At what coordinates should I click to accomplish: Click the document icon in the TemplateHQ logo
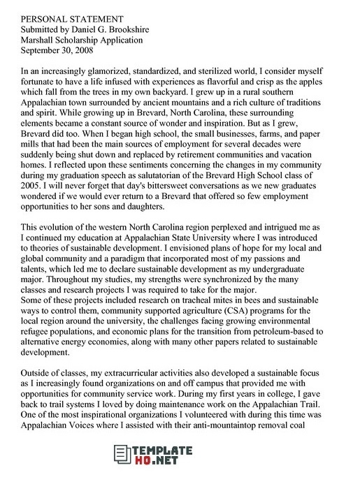123,465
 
